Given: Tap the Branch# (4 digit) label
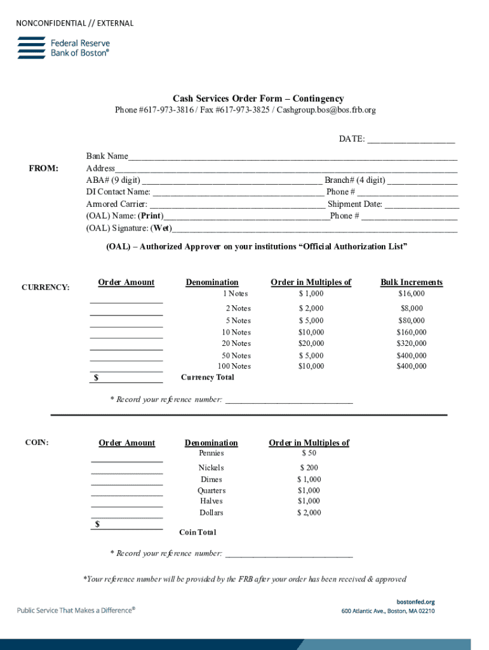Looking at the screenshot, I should point(354,180).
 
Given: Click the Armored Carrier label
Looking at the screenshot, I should point(117,204).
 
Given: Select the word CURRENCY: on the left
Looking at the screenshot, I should point(46,288).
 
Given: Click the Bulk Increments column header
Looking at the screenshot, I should point(412,282).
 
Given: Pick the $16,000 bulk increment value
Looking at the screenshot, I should point(412,294).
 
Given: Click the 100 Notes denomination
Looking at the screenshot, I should point(234,366).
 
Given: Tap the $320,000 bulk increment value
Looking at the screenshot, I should point(412,343).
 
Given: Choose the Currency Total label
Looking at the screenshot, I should point(208,377).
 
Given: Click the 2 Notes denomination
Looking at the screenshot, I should point(238,308).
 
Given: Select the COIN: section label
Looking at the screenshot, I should point(37,442).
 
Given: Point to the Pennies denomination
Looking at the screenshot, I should point(211,453).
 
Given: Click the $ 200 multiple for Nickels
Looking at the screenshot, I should point(309,468).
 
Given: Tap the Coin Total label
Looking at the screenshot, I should point(198,533).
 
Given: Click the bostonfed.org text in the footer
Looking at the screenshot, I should point(415,602).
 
